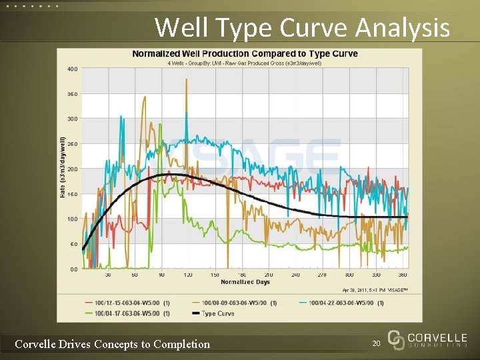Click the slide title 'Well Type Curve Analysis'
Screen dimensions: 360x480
301,28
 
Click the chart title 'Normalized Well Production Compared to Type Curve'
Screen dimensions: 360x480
245,53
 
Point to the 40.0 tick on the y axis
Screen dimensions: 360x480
72,69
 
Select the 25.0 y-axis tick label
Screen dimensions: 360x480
72,144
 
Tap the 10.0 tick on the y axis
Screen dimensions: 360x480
72,219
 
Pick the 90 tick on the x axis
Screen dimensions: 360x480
161,275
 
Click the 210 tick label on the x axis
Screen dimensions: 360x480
268,275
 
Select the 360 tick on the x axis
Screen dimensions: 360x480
402,275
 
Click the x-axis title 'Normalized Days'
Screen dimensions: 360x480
245,282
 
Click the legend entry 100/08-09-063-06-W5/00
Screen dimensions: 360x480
235,303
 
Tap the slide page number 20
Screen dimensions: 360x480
377,344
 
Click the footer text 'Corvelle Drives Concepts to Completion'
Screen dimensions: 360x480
112,344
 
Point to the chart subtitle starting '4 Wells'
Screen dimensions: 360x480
245,63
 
